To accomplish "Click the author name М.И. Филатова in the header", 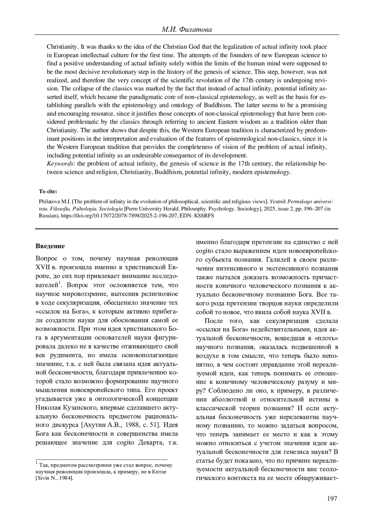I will (187, 30).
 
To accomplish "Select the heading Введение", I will (50, 246).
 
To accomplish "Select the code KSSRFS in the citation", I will (205, 215).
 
